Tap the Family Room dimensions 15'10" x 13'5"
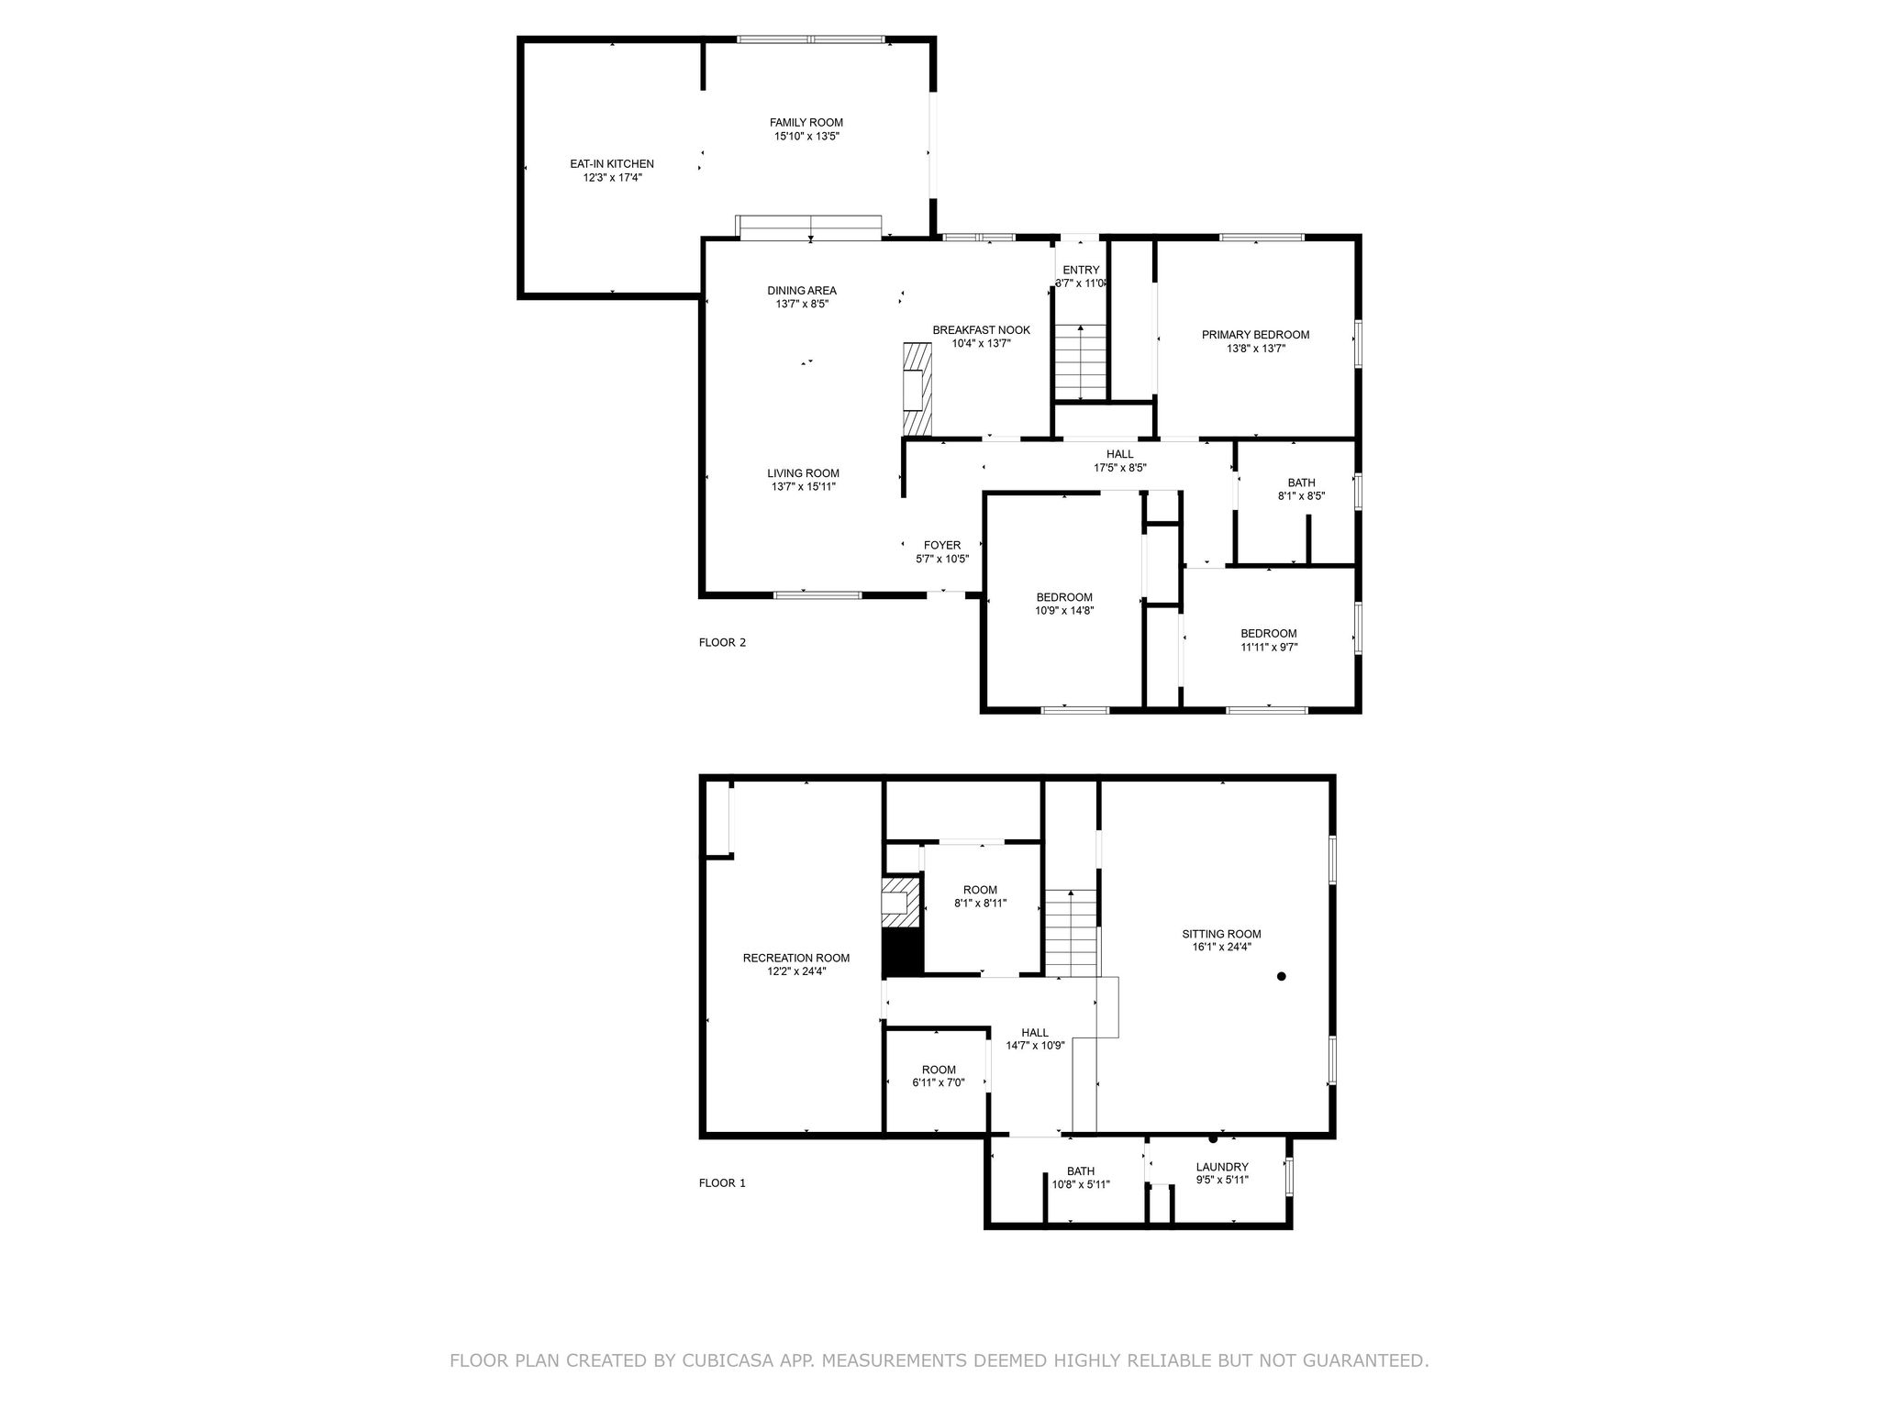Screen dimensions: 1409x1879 coord(806,136)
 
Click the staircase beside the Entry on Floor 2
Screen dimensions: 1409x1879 coord(1080,363)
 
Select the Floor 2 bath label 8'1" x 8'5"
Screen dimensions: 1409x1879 coord(1301,495)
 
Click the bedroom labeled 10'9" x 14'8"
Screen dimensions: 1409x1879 coord(1064,604)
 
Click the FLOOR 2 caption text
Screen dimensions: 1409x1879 coord(722,642)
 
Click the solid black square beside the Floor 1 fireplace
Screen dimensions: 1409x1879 coord(901,954)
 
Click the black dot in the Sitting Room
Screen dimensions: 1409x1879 coord(1281,976)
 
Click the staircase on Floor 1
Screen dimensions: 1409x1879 coord(1071,934)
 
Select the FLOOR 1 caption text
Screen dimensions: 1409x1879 coord(722,1182)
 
